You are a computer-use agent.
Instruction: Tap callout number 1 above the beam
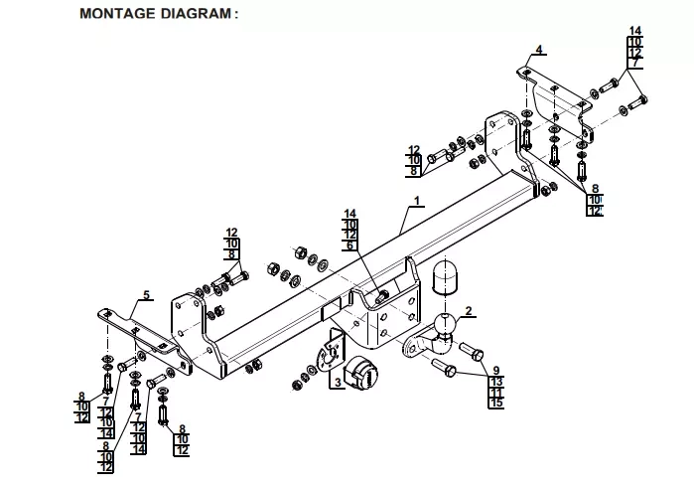tap(418, 202)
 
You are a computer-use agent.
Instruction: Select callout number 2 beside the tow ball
tap(469, 312)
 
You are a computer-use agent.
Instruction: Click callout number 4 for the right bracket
tap(538, 49)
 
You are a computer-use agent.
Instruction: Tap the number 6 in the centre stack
tap(349, 245)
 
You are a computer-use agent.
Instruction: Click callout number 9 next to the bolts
tap(496, 370)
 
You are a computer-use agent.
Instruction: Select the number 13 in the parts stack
tap(496, 381)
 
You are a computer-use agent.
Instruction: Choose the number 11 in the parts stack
tap(496, 392)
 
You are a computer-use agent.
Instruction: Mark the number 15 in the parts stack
tap(496, 403)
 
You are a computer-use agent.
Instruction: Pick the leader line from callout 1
tap(408, 218)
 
